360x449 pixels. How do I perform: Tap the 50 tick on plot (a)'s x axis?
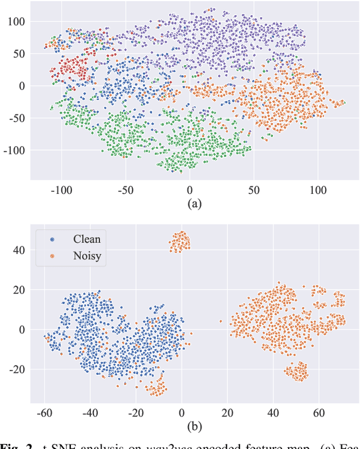(254, 189)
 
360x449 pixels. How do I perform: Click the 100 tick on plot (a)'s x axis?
(318, 189)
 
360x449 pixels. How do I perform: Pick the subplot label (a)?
(193, 203)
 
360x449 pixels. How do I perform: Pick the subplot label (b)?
(193, 426)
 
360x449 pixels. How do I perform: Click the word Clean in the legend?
(87, 239)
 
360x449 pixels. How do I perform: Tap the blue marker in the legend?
(52, 239)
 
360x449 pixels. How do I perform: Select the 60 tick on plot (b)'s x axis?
(318, 412)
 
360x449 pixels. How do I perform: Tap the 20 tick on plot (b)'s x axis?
(227, 412)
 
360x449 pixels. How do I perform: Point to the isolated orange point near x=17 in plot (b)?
(220, 321)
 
